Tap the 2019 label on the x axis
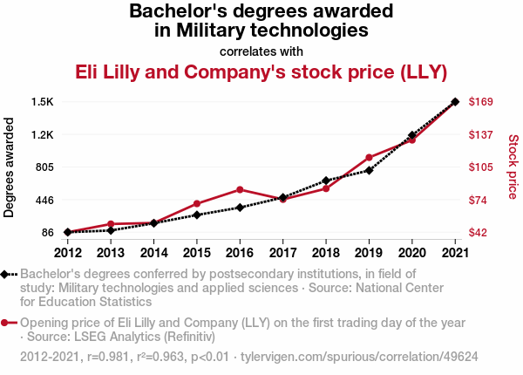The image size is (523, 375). point(369,253)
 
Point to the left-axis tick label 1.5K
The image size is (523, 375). point(42,102)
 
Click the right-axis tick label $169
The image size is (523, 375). point(482,102)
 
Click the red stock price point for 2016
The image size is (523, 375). point(240,189)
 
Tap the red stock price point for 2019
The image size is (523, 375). point(369,158)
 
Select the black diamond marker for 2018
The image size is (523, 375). point(326,181)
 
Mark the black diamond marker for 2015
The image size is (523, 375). point(197,215)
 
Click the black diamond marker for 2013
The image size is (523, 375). point(111,230)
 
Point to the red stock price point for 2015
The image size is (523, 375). point(197,204)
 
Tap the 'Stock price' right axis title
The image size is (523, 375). point(513,167)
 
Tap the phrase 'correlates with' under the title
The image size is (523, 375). point(261,50)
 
